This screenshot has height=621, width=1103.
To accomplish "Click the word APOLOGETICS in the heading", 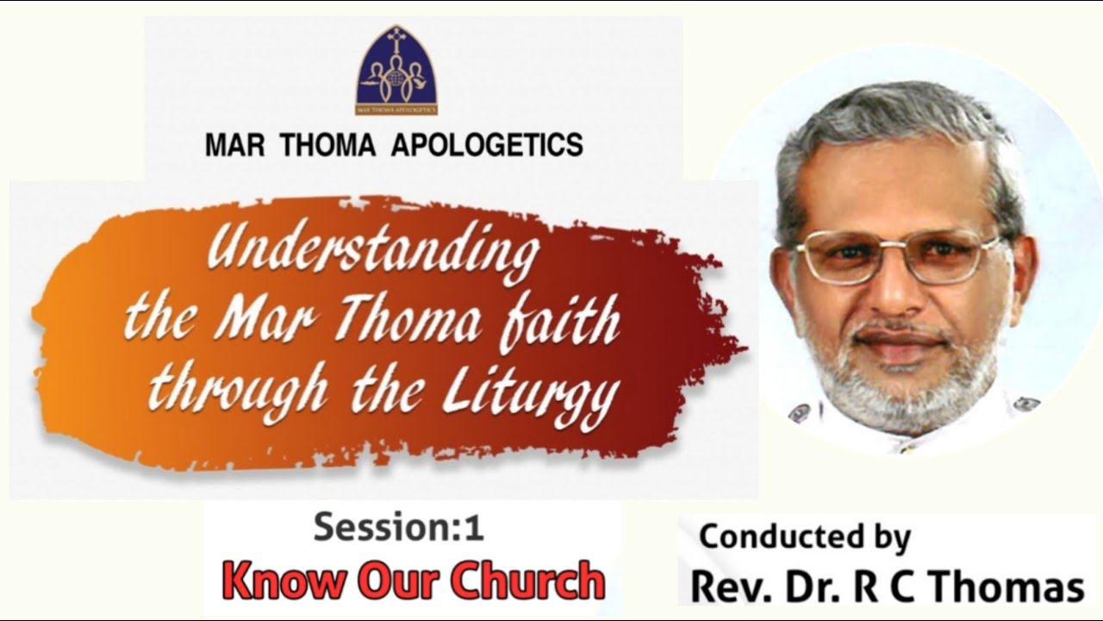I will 487,145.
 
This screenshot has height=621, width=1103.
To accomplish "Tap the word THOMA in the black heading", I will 326,145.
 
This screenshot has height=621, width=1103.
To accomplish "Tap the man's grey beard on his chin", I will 896,388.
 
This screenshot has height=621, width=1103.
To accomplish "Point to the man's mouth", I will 893,338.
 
